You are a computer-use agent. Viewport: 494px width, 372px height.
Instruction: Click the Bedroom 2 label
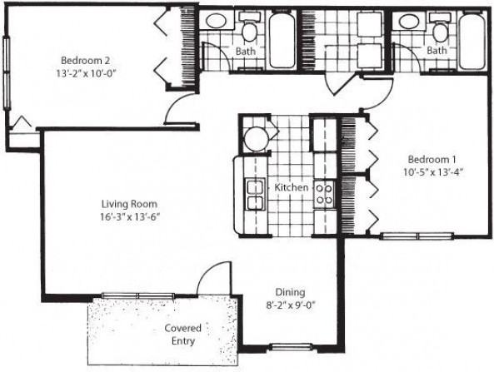(x=86, y=59)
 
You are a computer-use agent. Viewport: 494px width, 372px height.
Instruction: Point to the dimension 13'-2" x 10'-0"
(x=86, y=72)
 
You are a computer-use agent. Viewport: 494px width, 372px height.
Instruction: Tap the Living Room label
(x=129, y=203)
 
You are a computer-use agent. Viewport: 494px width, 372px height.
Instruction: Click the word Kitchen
(x=292, y=188)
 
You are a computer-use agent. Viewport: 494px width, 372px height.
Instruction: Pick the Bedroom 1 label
(x=430, y=159)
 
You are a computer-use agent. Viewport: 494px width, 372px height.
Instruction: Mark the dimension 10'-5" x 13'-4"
(x=430, y=172)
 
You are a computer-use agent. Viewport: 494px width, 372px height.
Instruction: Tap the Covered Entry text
(x=182, y=334)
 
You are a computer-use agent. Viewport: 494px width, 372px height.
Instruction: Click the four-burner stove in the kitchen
(x=323, y=194)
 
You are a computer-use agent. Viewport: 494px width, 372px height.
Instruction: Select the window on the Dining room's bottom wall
(x=291, y=346)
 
